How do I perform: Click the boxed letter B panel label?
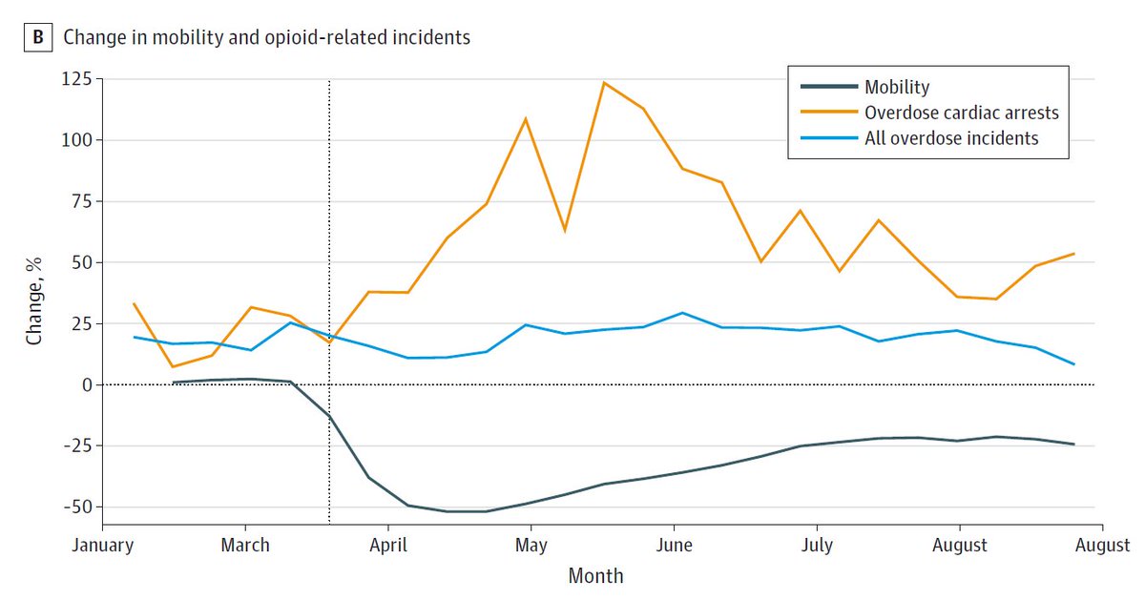tap(38, 38)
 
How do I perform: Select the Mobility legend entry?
tap(896, 87)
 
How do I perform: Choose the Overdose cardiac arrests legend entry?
tap(961, 113)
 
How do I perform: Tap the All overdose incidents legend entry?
tap(950, 138)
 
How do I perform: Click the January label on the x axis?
tap(102, 546)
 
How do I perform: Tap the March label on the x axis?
tap(245, 546)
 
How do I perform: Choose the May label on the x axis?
tap(531, 546)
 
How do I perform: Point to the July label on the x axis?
tap(817, 546)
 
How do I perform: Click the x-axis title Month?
tap(595, 576)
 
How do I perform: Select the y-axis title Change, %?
tap(34, 301)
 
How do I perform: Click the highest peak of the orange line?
tap(604, 82)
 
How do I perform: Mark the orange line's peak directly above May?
tap(526, 118)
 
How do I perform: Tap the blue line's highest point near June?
tap(682, 313)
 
